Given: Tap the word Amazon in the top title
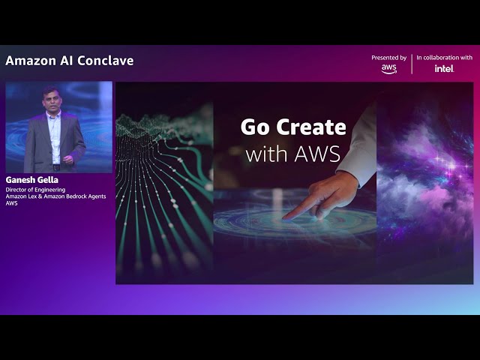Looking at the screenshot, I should (31, 61).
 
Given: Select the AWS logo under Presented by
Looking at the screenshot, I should (388, 68).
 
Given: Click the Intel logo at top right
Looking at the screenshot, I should (444, 68).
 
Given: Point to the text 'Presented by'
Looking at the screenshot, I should (388, 57).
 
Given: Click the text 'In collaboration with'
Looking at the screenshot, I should (444, 57).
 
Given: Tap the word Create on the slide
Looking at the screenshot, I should (314, 127).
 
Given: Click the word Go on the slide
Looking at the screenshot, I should (254, 127).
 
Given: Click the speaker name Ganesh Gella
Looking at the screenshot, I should (31, 180).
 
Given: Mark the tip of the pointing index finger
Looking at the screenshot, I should (286, 217).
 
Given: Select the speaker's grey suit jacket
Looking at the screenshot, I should (37, 142).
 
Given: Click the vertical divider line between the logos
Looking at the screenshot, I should (412, 63).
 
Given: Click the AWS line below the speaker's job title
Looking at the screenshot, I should (11, 203).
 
